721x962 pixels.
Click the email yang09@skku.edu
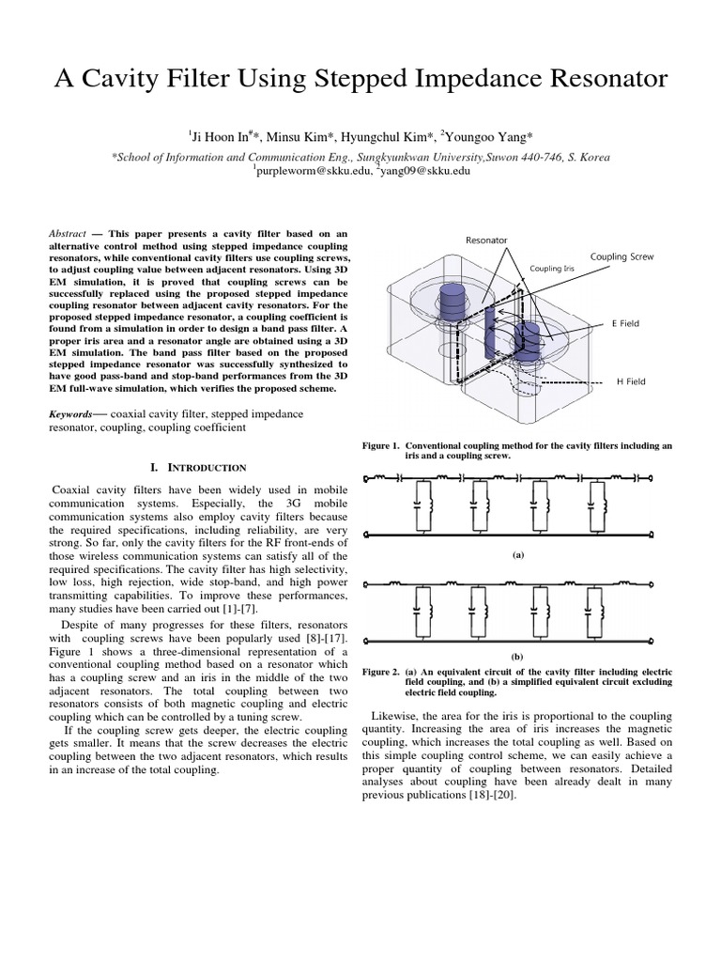coord(423,171)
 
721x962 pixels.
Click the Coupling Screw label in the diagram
coord(621,256)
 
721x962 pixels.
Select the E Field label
coord(626,323)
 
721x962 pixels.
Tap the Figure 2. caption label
coord(382,673)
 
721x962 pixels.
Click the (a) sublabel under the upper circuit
coord(516,554)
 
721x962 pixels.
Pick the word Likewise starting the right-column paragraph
coord(397,716)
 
